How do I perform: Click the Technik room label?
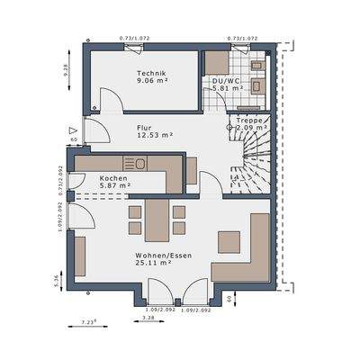tap(150, 73)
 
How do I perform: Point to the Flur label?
tap(144, 127)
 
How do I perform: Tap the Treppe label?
tap(249, 120)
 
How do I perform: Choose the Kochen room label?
tap(112, 178)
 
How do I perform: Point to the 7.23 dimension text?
tap(87, 321)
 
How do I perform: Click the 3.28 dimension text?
tap(148, 318)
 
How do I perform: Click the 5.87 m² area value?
tap(113, 186)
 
